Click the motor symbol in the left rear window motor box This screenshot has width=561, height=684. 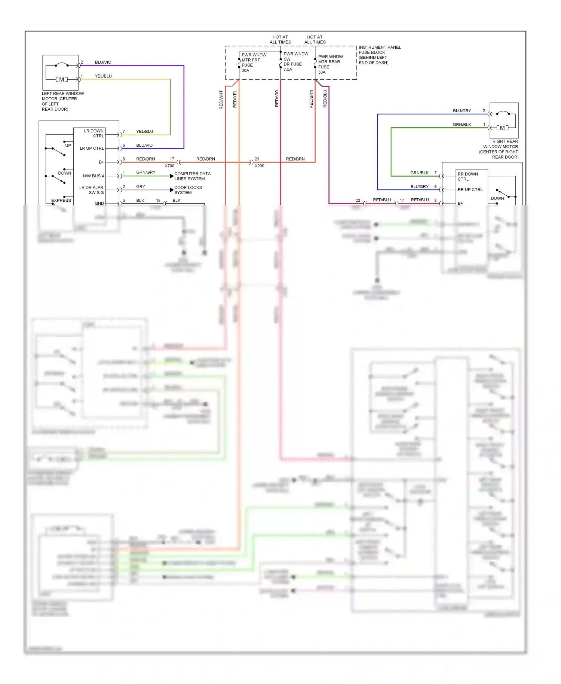62,79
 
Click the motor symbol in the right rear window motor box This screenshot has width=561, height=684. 502,128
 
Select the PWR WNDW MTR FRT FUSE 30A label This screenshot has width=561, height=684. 254,62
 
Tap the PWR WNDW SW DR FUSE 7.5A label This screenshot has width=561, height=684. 295,62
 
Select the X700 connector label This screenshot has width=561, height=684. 169,166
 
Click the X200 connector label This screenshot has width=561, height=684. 259,166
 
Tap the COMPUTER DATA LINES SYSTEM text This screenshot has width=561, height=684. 192,176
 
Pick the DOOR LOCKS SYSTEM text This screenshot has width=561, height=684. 188,190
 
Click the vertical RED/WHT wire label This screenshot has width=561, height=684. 221,100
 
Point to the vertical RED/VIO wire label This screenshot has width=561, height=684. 277,98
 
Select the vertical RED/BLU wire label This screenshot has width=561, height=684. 325,99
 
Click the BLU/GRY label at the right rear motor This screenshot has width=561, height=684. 462,111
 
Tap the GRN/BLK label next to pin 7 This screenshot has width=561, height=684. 419,173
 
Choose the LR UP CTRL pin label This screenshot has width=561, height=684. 92,149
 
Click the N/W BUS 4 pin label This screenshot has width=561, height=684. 93,176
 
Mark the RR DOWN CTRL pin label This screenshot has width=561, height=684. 467,177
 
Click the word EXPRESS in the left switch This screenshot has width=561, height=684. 61,201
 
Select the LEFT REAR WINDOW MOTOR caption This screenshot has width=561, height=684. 62,101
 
